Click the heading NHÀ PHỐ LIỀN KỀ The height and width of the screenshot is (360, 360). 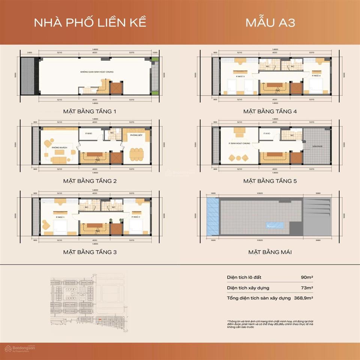[90, 22]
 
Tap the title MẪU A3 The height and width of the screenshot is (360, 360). [270, 22]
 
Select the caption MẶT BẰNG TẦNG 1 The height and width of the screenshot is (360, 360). [90, 111]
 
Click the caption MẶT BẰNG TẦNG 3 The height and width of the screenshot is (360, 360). [90, 252]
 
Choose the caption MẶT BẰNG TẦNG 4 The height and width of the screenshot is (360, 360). [270, 111]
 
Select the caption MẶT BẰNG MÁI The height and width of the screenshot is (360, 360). [270, 252]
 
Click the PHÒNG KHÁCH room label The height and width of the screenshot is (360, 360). [60, 147]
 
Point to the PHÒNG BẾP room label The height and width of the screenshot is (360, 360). [135, 135]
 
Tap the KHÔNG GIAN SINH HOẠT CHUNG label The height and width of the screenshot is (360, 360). [97, 71]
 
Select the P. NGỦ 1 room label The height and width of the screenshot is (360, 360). [60, 217]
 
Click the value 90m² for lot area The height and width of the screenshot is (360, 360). [307, 277]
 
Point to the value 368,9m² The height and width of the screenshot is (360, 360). [303, 298]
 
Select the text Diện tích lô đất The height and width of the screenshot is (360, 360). [244, 277]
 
